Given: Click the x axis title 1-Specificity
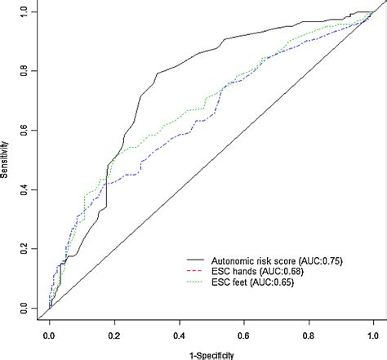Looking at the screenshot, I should [211, 354].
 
